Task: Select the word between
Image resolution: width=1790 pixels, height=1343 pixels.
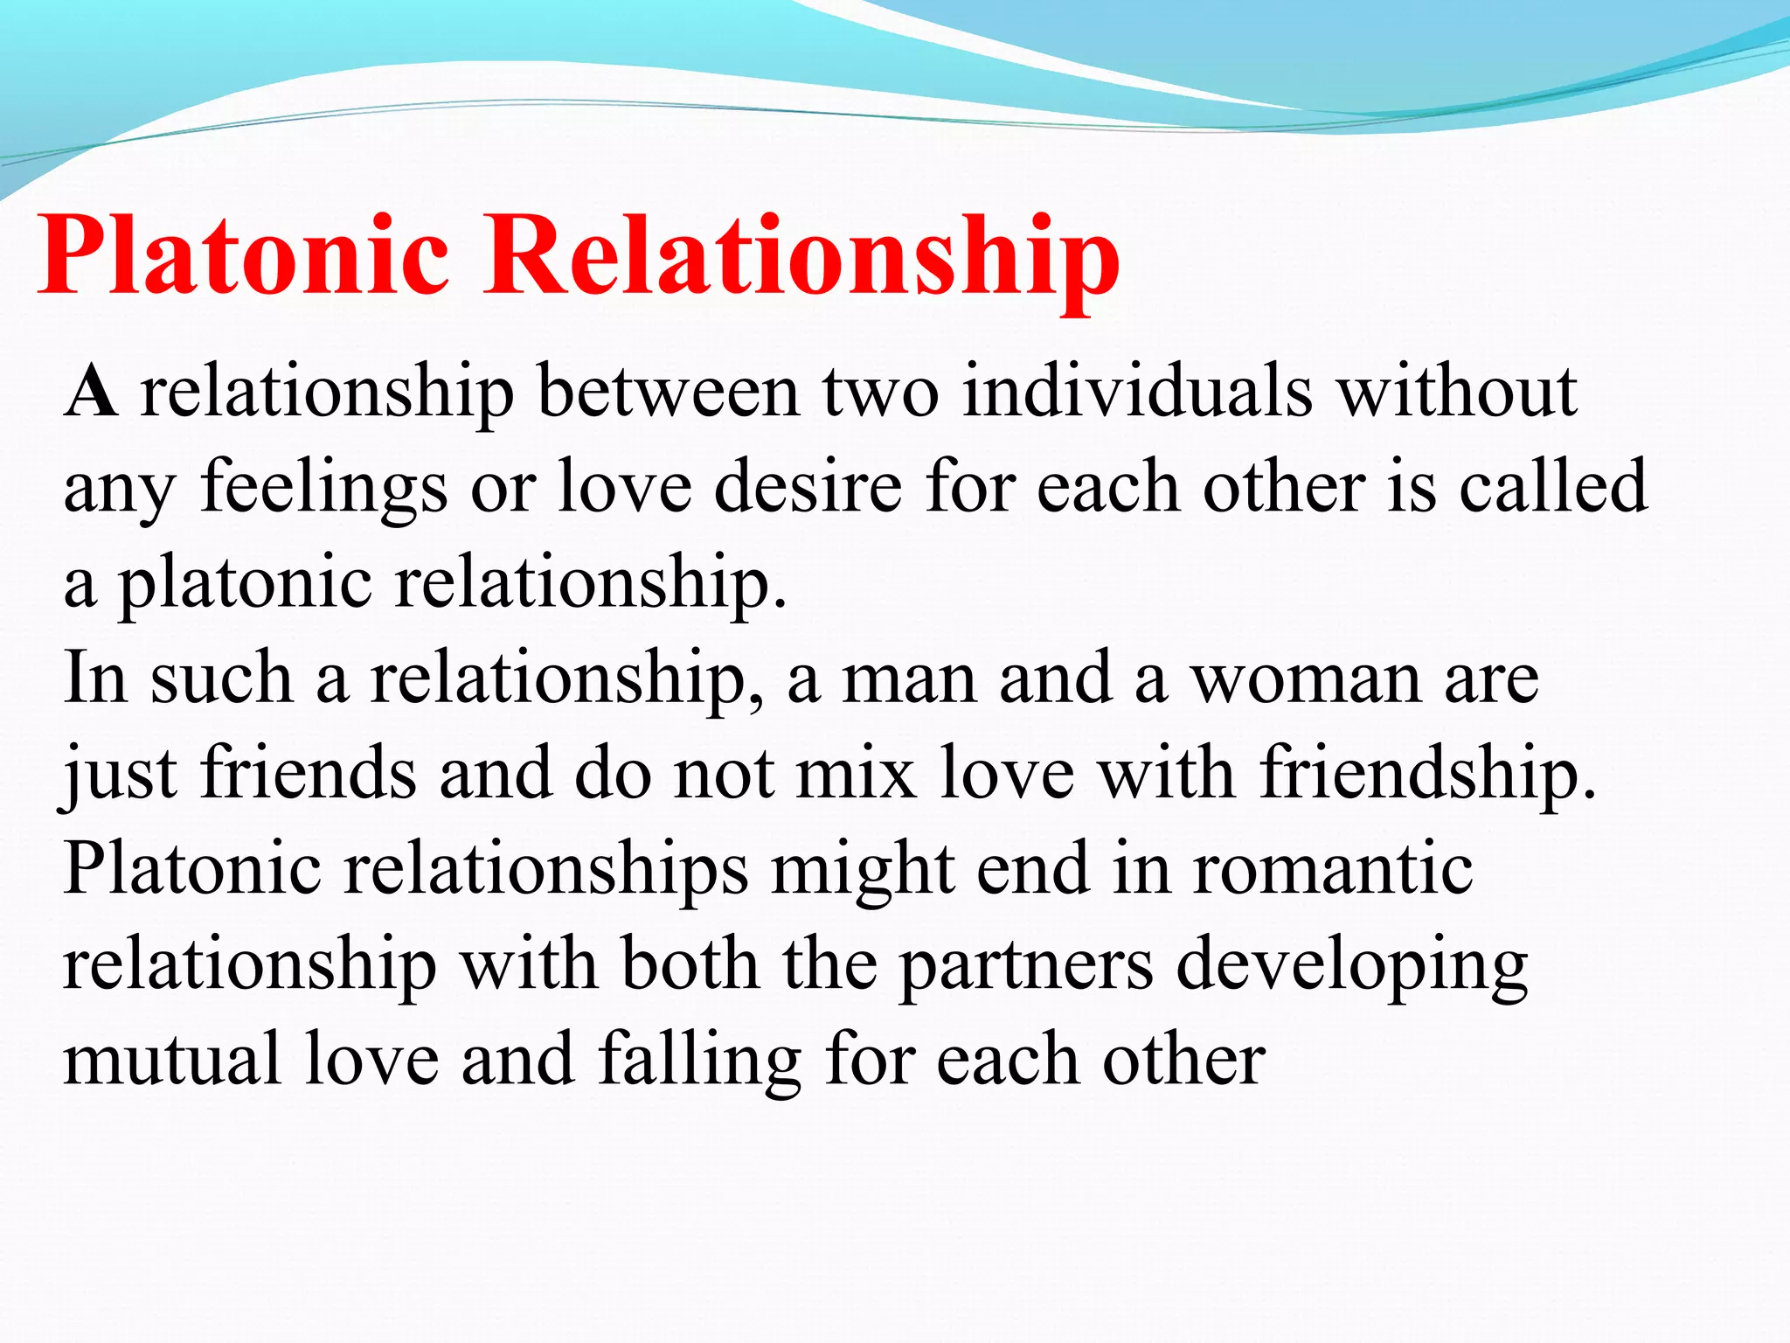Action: (668, 392)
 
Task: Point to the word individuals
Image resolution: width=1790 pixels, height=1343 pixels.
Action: (1137, 392)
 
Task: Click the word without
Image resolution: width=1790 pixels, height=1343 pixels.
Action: (1457, 392)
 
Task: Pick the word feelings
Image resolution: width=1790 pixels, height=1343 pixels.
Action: (323, 488)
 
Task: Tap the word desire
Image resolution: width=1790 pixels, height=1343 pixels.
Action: (808, 486)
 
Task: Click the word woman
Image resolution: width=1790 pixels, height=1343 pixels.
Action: (1306, 678)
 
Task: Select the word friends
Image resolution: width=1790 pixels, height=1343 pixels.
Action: (309, 773)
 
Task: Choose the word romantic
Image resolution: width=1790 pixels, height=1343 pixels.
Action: (1333, 869)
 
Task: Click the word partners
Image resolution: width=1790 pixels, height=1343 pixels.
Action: (1026, 965)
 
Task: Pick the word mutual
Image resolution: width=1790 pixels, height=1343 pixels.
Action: (172, 1060)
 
